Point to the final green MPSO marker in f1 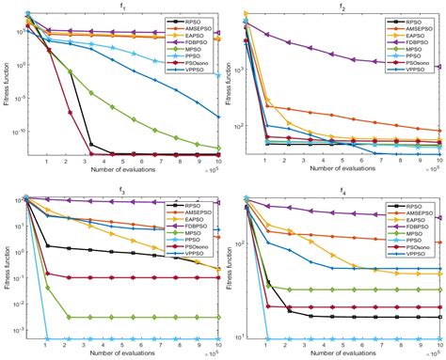219,148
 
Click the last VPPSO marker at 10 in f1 219,117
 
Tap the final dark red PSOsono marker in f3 219,277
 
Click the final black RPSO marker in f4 439,317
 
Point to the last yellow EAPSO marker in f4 439,274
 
